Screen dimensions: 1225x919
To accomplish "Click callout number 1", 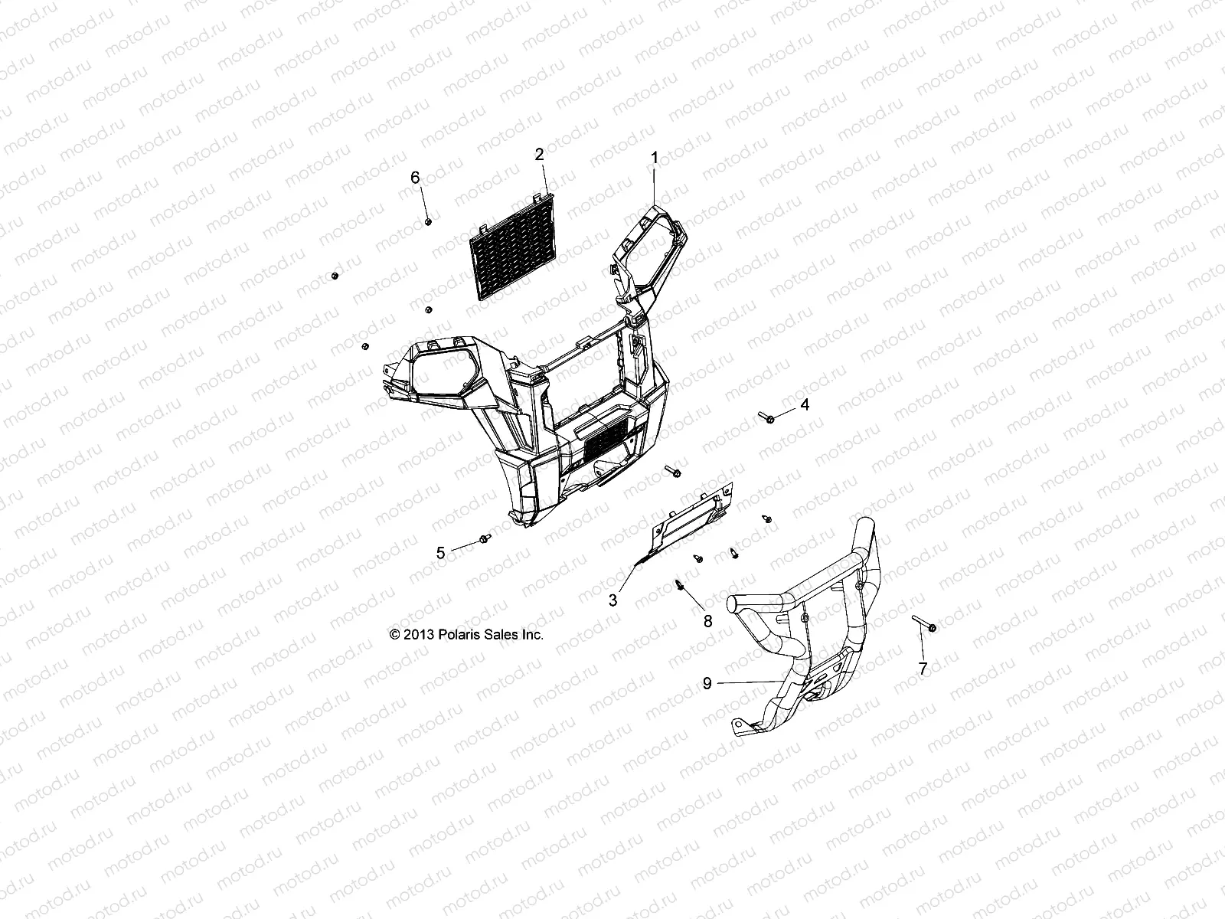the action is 654,158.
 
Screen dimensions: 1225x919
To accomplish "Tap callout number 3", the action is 612,601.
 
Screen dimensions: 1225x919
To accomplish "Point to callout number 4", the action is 804,404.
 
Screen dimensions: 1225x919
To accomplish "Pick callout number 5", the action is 440,552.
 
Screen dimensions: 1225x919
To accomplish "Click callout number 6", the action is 437,177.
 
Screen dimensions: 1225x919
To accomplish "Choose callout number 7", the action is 923,668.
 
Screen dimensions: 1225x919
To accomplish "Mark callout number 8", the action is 707,621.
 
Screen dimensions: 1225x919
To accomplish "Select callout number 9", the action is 707,682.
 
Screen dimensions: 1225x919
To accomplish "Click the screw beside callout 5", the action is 485,540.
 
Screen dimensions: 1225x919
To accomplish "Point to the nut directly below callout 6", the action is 429,221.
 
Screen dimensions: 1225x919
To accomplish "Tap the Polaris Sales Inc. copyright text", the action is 466,635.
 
